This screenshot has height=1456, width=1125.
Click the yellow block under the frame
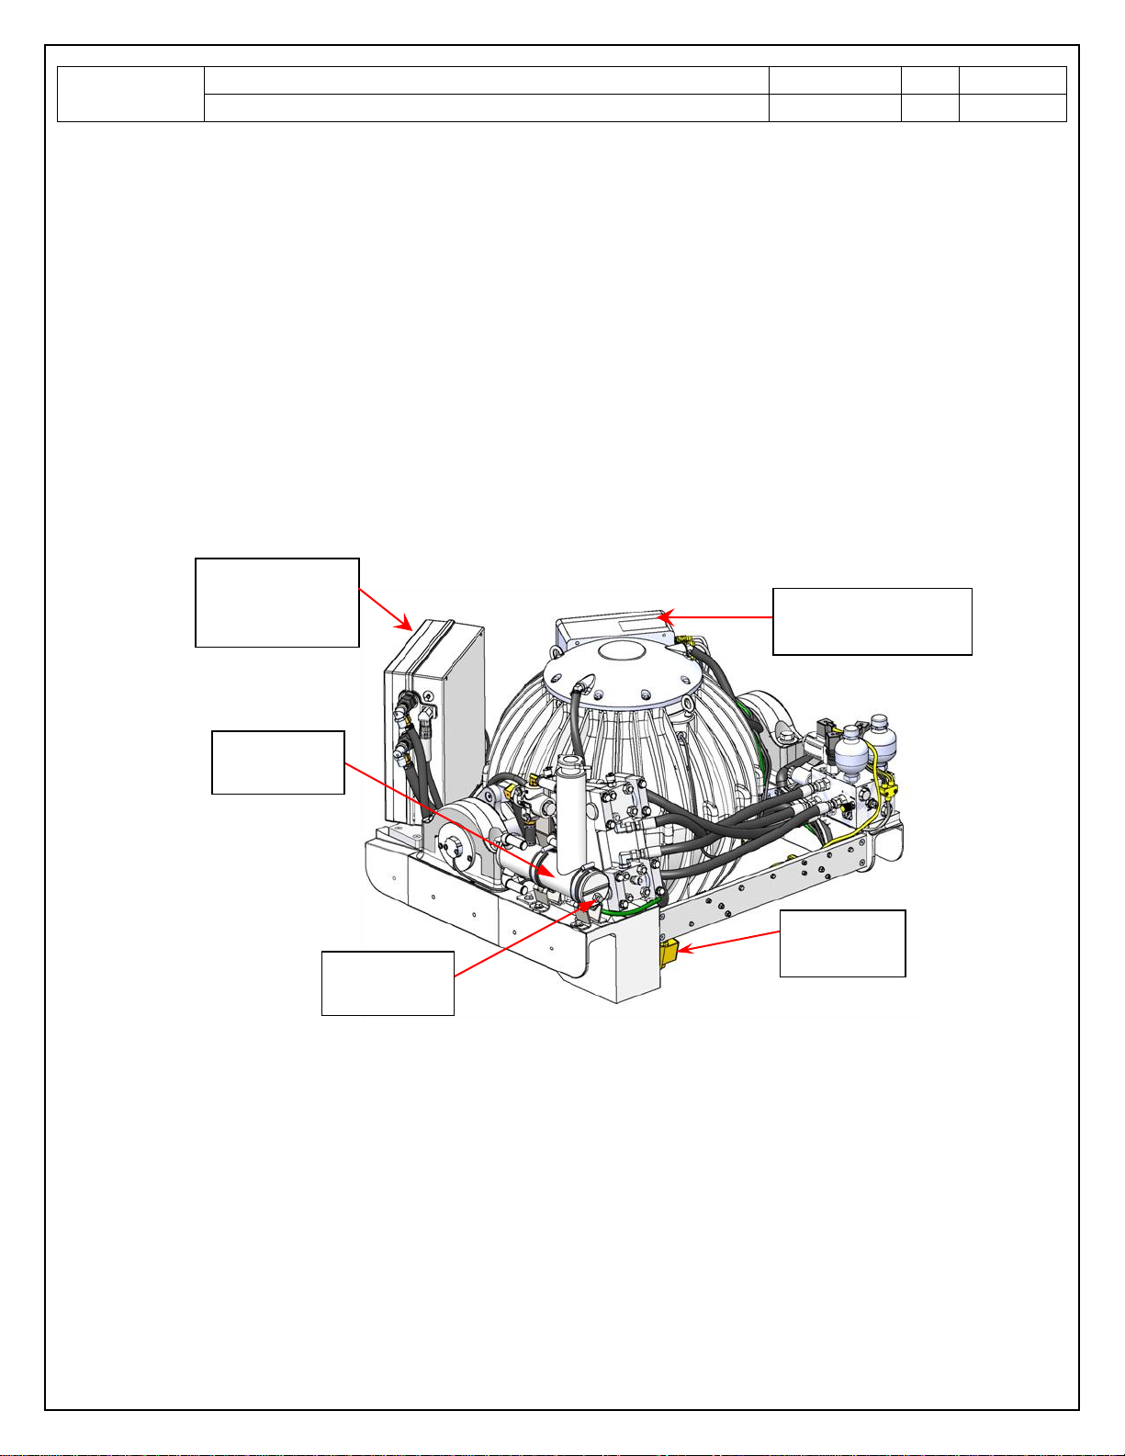(x=668, y=953)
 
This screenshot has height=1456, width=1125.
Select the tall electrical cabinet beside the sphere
(x=432, y=717)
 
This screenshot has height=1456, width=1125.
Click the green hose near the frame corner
(x=634, y=912)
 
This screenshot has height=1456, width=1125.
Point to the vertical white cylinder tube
(x=571, y=808)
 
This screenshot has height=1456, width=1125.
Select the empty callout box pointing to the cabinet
(x=277, y=603)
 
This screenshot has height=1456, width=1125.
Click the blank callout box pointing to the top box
(x=872, y=621)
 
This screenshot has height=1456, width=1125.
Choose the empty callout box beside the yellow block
(x=842, y=943)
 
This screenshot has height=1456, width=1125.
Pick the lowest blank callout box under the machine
(x=388, y=983)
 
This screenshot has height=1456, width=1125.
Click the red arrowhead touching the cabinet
(x=407, y=626)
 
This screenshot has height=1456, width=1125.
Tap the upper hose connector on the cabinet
(x=404, y=712)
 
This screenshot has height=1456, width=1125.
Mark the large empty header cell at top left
(x=130, y=94)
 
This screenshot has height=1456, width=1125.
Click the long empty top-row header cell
(x=486, y=80)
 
